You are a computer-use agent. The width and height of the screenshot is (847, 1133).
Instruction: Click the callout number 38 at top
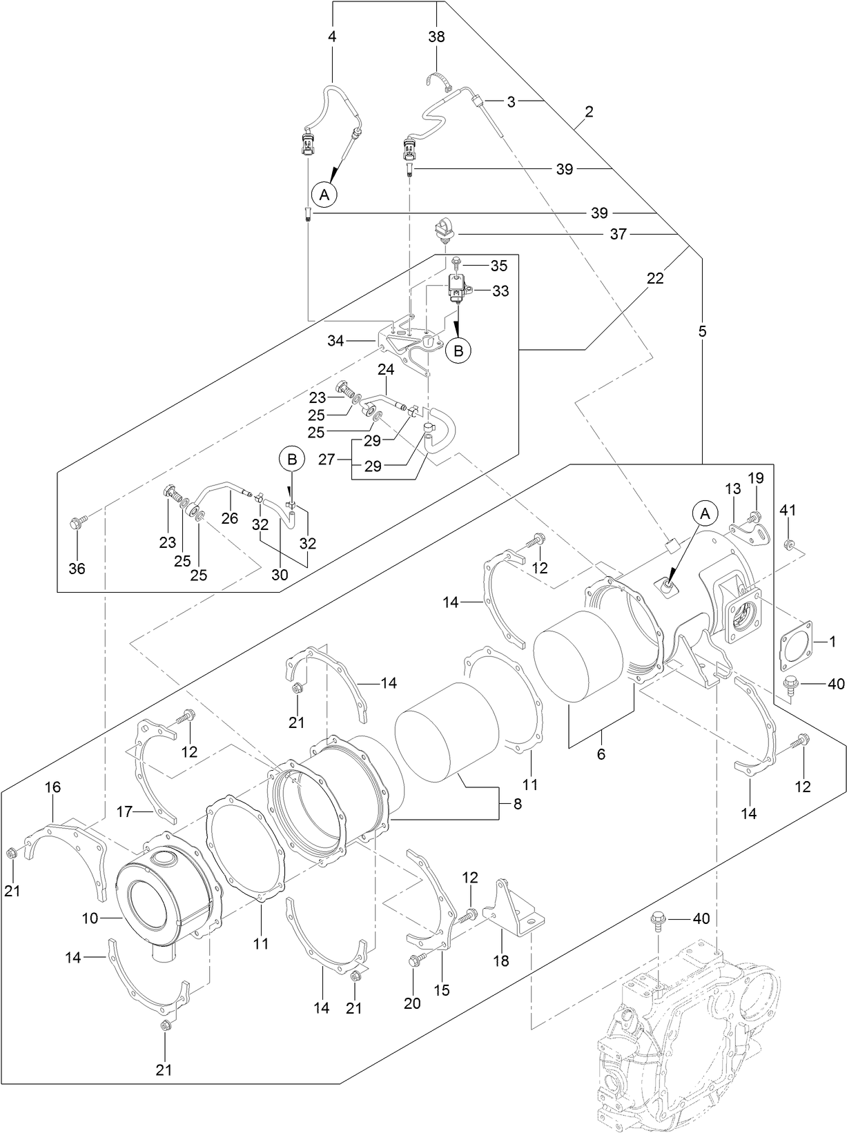436,37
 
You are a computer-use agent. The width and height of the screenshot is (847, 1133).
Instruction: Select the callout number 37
618,235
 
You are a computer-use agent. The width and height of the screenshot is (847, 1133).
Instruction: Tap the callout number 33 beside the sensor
500,291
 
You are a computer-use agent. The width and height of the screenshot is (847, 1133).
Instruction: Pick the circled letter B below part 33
458,350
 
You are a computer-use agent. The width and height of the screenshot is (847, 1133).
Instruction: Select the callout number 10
90,918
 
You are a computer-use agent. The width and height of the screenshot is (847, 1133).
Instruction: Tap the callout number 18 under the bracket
501,960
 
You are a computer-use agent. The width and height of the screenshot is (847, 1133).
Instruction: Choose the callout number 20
412,1003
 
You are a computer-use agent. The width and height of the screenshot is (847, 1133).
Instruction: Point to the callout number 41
788,511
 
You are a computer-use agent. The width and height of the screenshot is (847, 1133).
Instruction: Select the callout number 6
601,755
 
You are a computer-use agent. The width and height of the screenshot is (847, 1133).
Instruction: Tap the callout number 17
124,812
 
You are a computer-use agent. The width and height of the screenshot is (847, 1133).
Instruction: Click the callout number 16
52,787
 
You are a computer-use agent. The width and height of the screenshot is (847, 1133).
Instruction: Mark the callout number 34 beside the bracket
335,340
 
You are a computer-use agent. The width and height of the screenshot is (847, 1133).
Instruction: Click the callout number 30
279,573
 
